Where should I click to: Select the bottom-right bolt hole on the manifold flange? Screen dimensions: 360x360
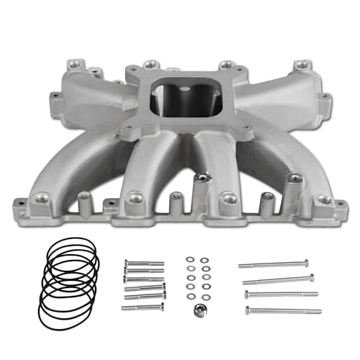click(323, 199)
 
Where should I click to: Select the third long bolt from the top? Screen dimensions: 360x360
click(282, 294)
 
